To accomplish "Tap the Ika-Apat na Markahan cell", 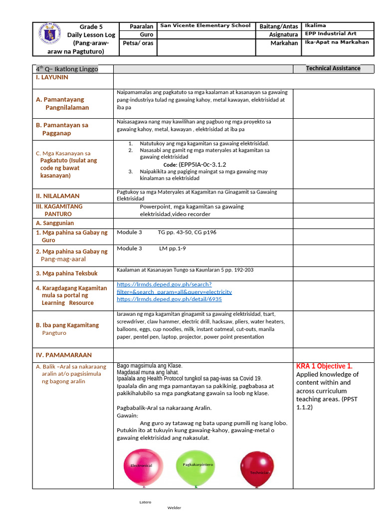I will click(337, 42).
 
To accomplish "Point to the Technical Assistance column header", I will click(333, 68).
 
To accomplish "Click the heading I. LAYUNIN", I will click(52, 78).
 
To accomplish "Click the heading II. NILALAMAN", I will click(57, 196).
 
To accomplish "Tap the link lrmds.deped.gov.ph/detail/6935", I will click(169, 299).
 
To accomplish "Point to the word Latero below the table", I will click(145, 502).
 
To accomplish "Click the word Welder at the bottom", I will click(174, 508).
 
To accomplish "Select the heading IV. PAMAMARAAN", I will click(63, 355).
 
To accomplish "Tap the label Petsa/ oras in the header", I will click(138, 43).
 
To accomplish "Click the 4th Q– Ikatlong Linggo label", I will click(67, 69).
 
